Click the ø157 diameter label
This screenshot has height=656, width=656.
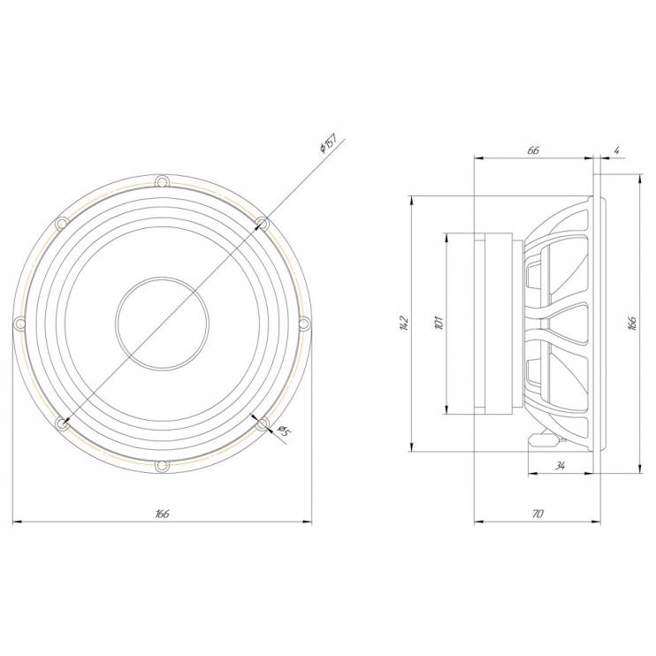pos(328,143)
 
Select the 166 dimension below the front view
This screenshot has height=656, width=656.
pos(162,514)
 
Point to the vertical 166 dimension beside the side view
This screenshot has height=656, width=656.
pos(632,324)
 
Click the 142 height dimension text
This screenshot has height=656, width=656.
pos(403,324)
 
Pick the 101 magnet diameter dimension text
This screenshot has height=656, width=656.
pos(439,323)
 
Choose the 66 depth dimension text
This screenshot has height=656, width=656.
pos(533,150)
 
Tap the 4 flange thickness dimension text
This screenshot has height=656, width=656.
pos(617,150)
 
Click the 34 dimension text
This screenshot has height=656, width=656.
pos(560,465)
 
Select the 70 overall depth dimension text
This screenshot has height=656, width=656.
pos(538,514)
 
